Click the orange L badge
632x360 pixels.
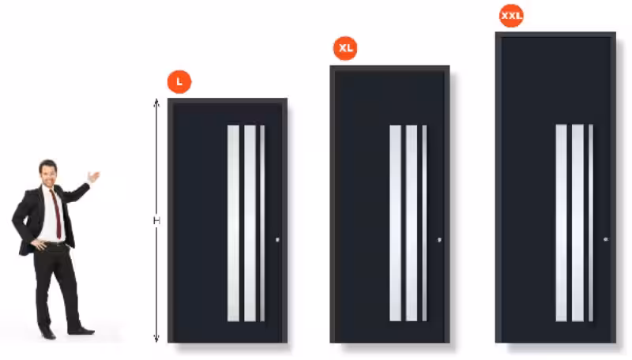pyautogui.click(x=179, y=82)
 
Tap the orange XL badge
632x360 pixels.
pyautogui.click(x=345, y=48)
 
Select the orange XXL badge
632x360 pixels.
pyautogui.click(x=511, y=16)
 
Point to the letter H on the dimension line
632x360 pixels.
pyautogui.click(x=156, y=220)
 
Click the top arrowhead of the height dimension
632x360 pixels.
pyautogui.click(x=156, y=103)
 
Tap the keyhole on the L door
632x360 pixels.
pyautogui.click(x=277, y=239)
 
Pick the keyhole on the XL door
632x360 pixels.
pyautogui.click(x=440, y=239)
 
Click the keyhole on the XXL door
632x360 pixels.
pyautogui.click(x=606, y=239)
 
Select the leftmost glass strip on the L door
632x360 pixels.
pyautogui.click(x=233, y=223)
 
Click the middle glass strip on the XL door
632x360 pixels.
pyautogui.click(x=412, y=223)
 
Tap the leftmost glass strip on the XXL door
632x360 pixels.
pyautogui.click(x=562, y=223)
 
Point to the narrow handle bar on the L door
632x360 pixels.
pyautogui.click(x=262, y=223)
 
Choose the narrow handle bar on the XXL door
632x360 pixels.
pyautogui.click(x=591, y=223)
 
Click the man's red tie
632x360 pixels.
pyautogui.click(x=56, y=213)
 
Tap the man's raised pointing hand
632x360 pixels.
pyautogui.click(x=93, y=176)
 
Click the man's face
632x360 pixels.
pyautogui.click(x=48, y=174)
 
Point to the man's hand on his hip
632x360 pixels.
pyautogui.click(x=39, y=244)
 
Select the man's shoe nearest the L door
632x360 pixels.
pyautogui.click(x=82, y=332)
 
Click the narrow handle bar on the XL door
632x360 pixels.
pyautogui.click(x=424, y=223)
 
